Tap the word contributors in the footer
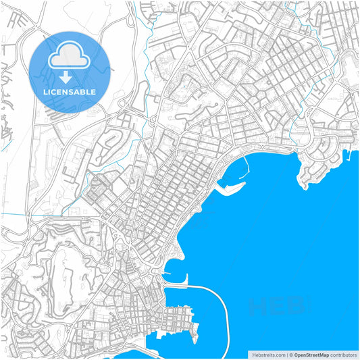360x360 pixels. pyautogui.click(x=344, y=354)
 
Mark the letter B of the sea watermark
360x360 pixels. pyautogui.click(x=295, y=307)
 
